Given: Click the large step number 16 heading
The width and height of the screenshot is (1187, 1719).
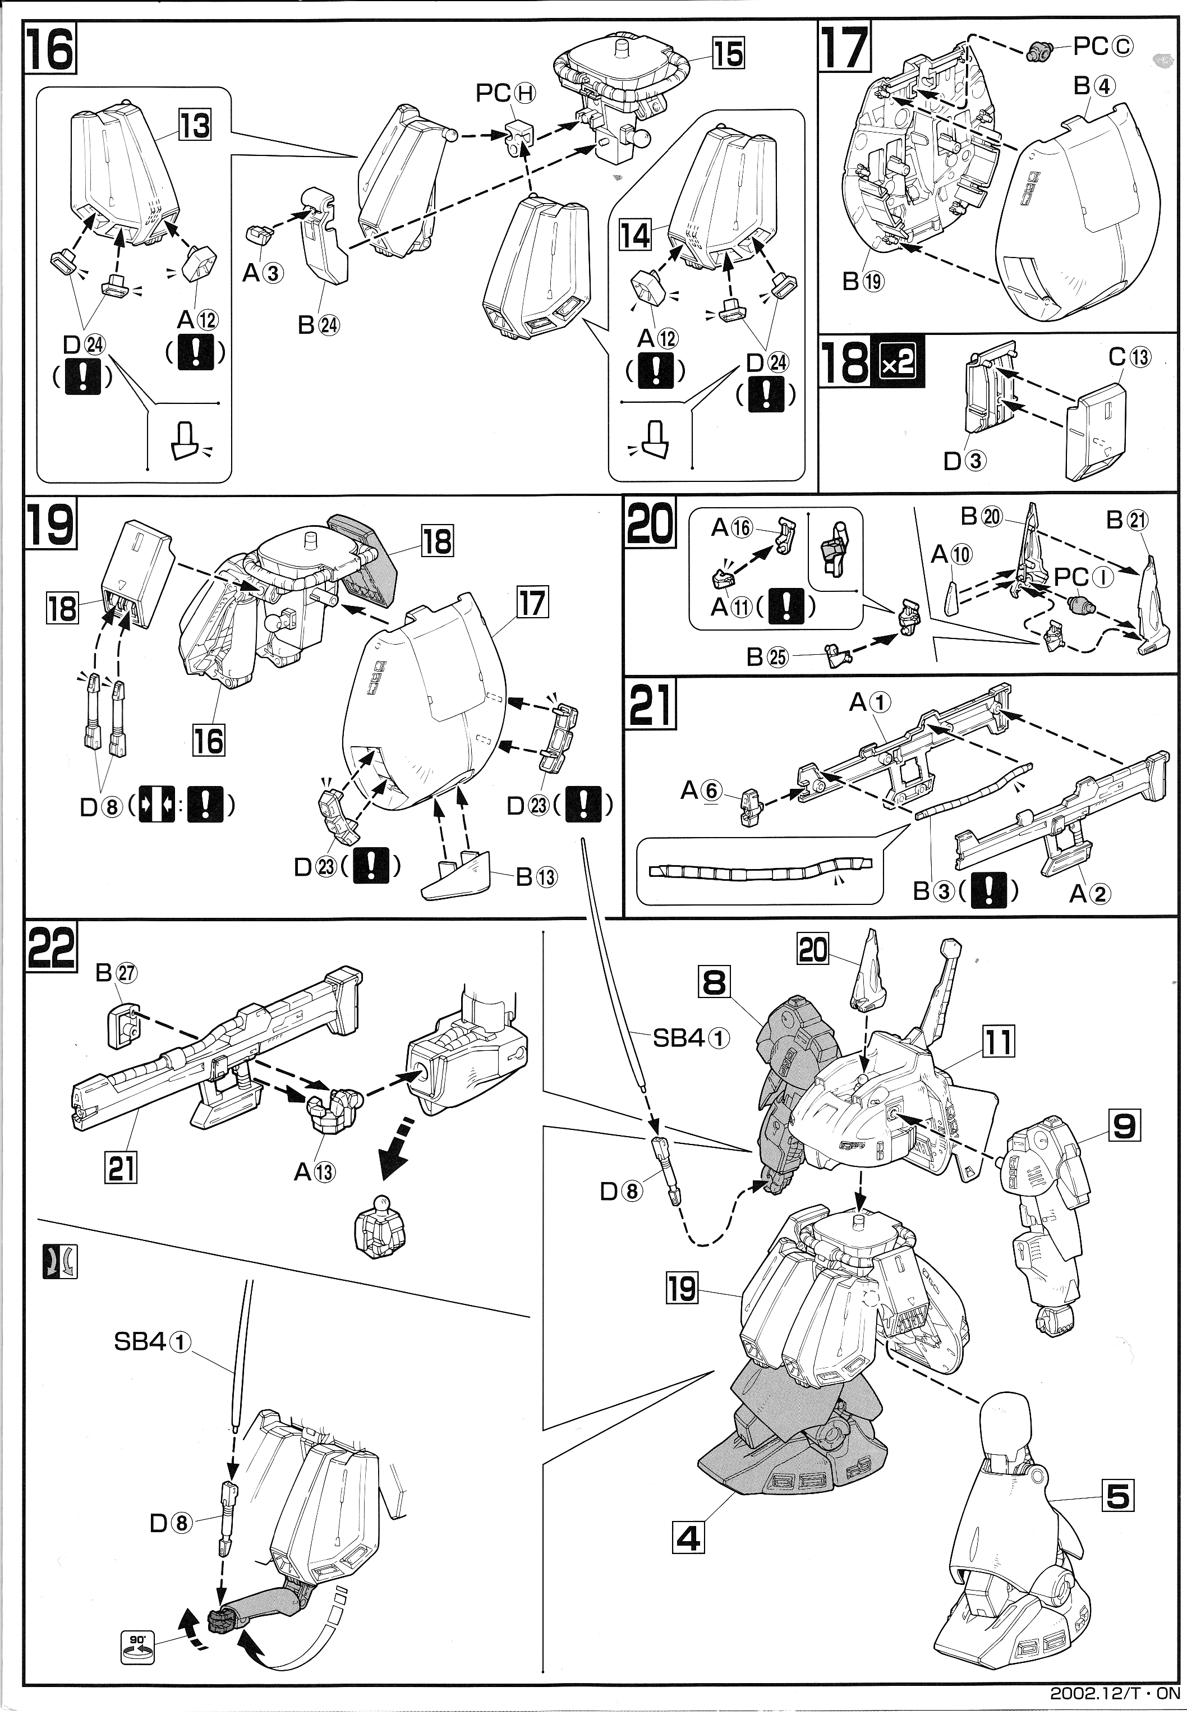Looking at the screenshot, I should coord(50,49).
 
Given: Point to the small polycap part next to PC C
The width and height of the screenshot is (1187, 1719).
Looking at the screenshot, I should coord(1039,51).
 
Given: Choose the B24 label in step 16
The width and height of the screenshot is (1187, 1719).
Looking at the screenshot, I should coord(318,325).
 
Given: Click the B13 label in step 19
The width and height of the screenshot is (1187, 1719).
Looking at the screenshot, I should coord(536,877).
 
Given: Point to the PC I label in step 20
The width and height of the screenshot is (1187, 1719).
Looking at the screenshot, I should coord(1083,577).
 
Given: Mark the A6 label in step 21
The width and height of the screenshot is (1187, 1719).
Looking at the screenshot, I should coord(701,790).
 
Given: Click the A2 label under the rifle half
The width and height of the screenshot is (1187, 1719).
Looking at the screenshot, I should coord(1089,893).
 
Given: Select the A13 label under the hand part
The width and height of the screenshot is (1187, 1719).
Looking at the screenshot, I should coord(315,1173).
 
